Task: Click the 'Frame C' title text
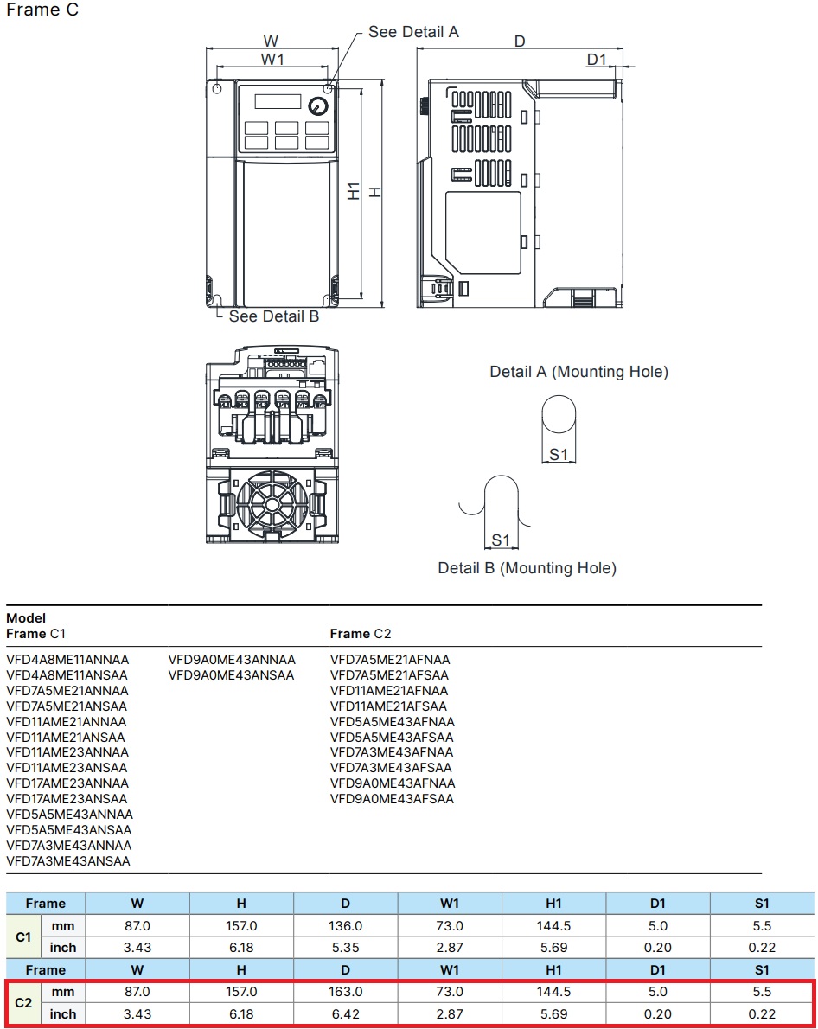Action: (x=42, y=12)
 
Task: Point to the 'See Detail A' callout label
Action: (x=413, y=32)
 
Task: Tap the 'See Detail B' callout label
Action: (x=274, y=316)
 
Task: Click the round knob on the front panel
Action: (x=317, y=106)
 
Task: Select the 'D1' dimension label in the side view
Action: (x=597, y=59)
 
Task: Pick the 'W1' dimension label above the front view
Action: (x=273, y=59)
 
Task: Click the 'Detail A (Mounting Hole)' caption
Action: (x=578, y=372)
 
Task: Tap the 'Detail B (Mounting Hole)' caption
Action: (x=527, y=568)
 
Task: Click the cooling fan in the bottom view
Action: (x=266, y=506)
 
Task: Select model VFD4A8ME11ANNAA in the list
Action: (x=67, y=660)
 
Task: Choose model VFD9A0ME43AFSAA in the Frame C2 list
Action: (x=392, y=799)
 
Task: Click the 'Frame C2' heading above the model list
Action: (x=361, y=634)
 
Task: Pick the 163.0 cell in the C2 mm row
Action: (x=345, y=992)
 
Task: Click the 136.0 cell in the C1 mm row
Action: (x=345, y=925)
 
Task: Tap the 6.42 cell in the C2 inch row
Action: (x=345, y=1013)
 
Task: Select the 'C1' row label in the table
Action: (x=24, y=936)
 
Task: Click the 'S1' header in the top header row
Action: (x=761, y=904)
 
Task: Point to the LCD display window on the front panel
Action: (x=277, y=100)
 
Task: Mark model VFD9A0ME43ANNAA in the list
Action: (x=232, y=660)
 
